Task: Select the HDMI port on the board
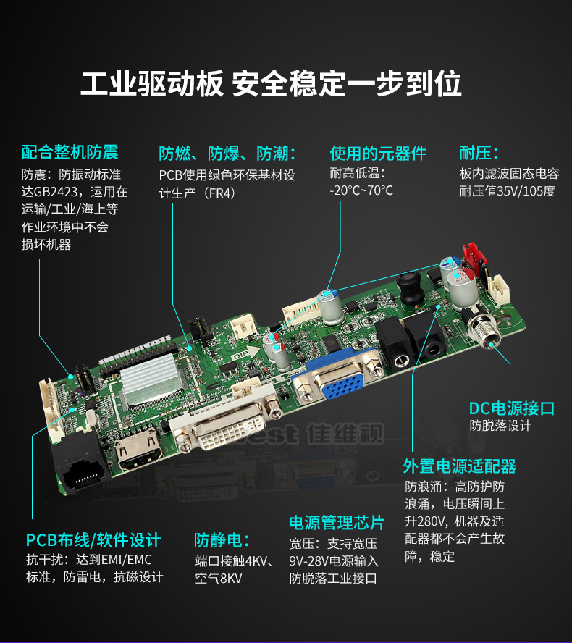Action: [138, 449]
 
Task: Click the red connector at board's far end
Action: [474, 256]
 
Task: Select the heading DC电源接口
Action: [512, 408]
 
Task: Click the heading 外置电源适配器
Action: [459, 466]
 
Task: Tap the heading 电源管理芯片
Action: [337, 523]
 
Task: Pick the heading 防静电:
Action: [222, 540]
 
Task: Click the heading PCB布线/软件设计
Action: [93, 540]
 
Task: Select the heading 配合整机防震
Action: [70, 152]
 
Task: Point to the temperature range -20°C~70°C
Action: [361, 190]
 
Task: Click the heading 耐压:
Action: [479, 153]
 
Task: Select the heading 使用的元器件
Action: [378, 153]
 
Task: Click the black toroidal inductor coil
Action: [408, 287]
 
